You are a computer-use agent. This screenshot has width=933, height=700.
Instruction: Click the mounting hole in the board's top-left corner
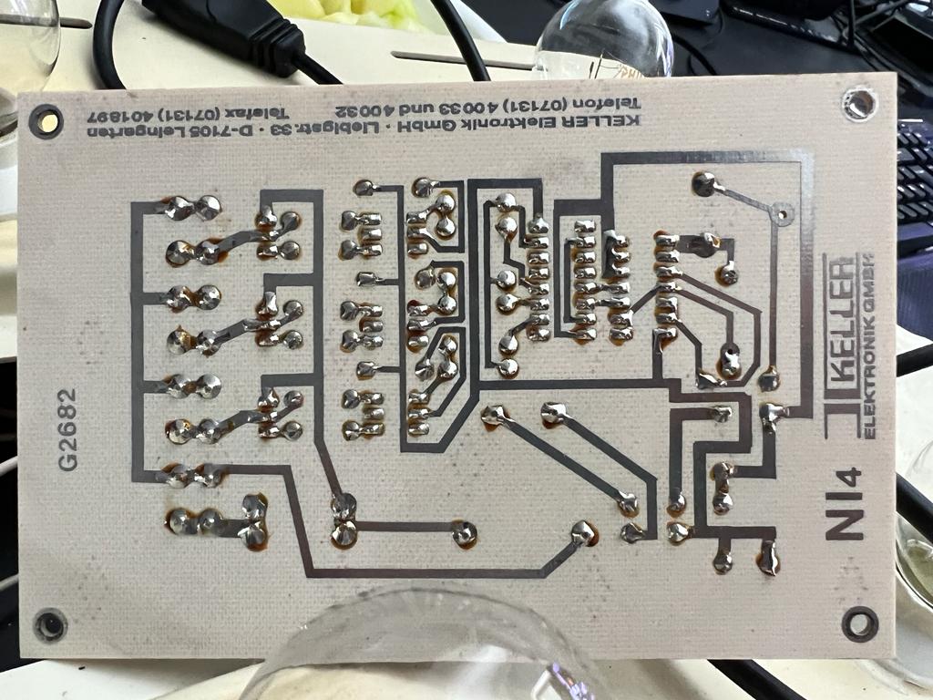click(46, 121)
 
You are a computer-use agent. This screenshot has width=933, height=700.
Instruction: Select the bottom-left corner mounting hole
click(49, 625)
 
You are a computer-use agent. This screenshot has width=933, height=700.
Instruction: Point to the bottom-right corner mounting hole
click(858, 623)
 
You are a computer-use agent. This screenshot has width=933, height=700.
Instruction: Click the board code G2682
click(68, 428)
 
